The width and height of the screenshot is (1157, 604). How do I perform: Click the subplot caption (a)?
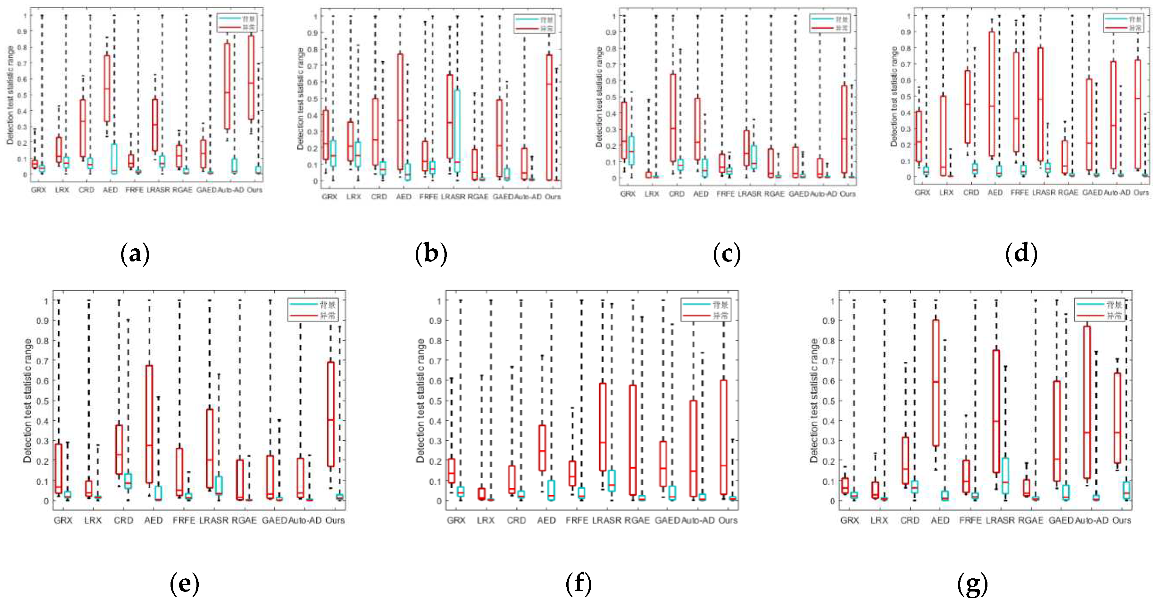click(135, 254)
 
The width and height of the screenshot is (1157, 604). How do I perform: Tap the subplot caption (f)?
click(578, 584)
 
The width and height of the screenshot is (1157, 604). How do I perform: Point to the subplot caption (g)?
click(972, 584)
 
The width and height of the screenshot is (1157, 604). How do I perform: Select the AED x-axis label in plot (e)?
click(153, 520)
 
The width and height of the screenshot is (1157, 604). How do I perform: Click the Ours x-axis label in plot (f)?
click(728, 520)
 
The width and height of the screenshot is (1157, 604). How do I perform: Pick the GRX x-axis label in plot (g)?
click(849, 520)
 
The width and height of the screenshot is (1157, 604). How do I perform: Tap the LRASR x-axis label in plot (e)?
click(214, 520)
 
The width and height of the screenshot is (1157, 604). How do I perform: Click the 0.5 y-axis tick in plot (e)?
click(42, 401)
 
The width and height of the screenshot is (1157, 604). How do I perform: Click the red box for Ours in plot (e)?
click(330, 414)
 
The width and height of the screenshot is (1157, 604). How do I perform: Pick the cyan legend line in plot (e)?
click(303, 304)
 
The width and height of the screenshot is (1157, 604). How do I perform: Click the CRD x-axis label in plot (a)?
click(86, 190)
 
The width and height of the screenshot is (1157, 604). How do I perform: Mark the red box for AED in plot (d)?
click(991, 94)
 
